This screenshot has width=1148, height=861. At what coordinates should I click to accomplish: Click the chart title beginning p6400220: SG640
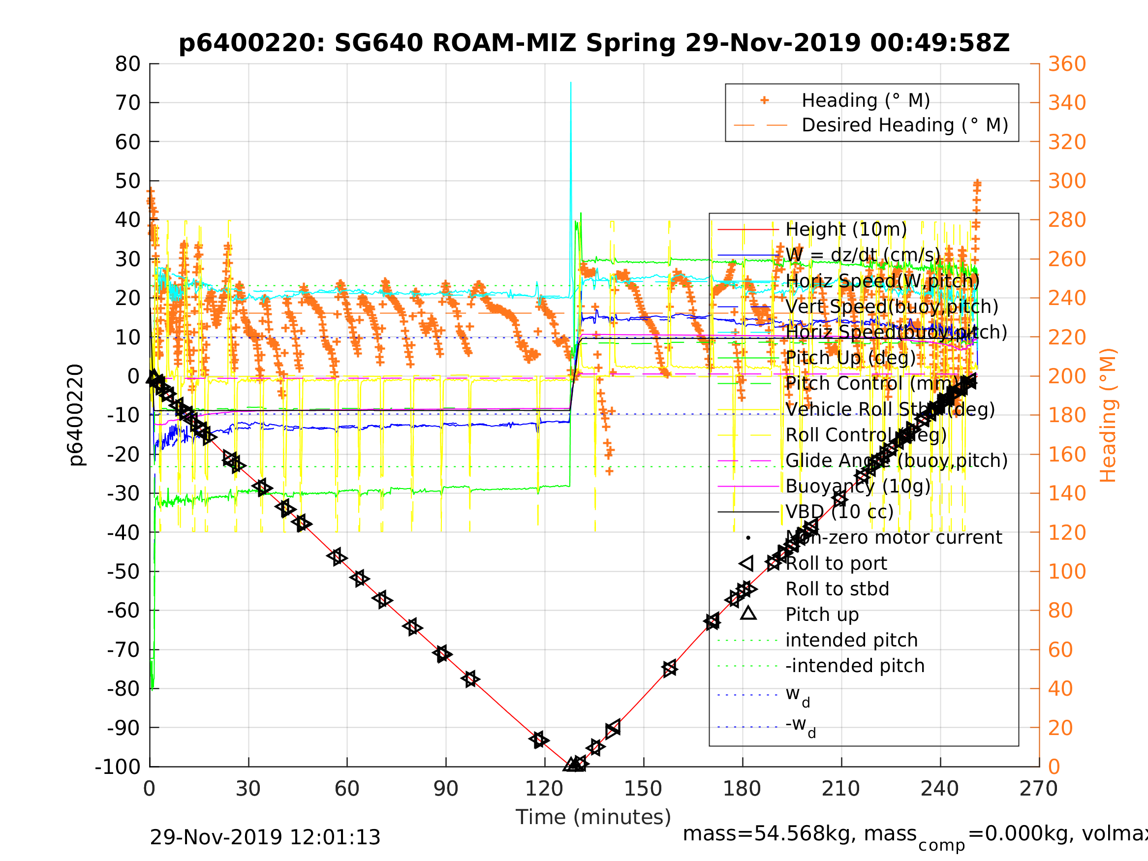(594, 43)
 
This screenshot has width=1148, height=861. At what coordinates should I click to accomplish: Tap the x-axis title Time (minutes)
(593, 817)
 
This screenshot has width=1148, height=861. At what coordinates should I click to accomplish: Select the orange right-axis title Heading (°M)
(1108, 415)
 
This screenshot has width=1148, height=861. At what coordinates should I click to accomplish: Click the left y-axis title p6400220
(76, 415)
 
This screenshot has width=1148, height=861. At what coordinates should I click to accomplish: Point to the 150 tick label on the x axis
(643, 789)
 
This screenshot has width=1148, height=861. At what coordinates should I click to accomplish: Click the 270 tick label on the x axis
(1038, 789)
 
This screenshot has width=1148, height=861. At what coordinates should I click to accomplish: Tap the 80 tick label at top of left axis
(127, 64)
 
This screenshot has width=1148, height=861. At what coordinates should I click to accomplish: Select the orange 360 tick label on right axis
(1067, 64)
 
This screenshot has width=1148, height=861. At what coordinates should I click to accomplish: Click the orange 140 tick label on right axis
(1067, 493)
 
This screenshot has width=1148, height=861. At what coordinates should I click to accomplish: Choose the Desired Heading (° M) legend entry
(904, 125)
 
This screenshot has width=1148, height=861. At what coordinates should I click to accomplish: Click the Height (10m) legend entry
(846, 229)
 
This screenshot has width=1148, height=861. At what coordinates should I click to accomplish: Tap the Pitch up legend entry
(822, 615)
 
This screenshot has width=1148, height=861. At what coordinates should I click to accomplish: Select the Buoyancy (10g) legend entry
(858, 486)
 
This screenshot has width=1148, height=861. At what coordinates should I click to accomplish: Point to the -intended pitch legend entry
(855, 666)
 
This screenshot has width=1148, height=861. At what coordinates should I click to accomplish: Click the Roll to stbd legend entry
(837, 589)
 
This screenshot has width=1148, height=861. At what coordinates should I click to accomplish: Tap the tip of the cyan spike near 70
(571, 83)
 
